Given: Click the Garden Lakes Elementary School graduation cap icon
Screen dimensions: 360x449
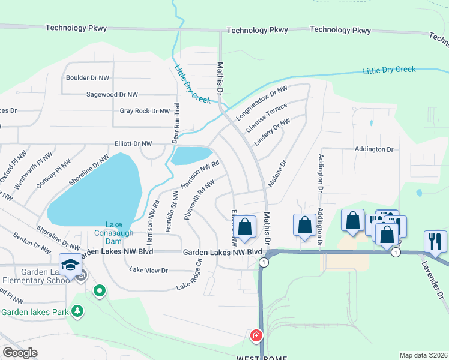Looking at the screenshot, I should [x=70, y=263].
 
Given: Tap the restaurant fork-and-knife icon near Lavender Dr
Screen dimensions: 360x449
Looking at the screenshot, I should [x=435, y=241].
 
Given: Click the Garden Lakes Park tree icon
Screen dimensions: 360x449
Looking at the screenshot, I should [x=77, y=311].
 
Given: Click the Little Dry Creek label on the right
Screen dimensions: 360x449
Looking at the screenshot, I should [x=389, y=70].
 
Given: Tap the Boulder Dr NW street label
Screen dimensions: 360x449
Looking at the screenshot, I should [x=88, y=78].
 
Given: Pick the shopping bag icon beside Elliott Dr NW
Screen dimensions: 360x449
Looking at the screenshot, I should [x=244, y=227].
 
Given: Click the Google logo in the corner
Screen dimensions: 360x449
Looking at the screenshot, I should [x=20, y=352].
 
